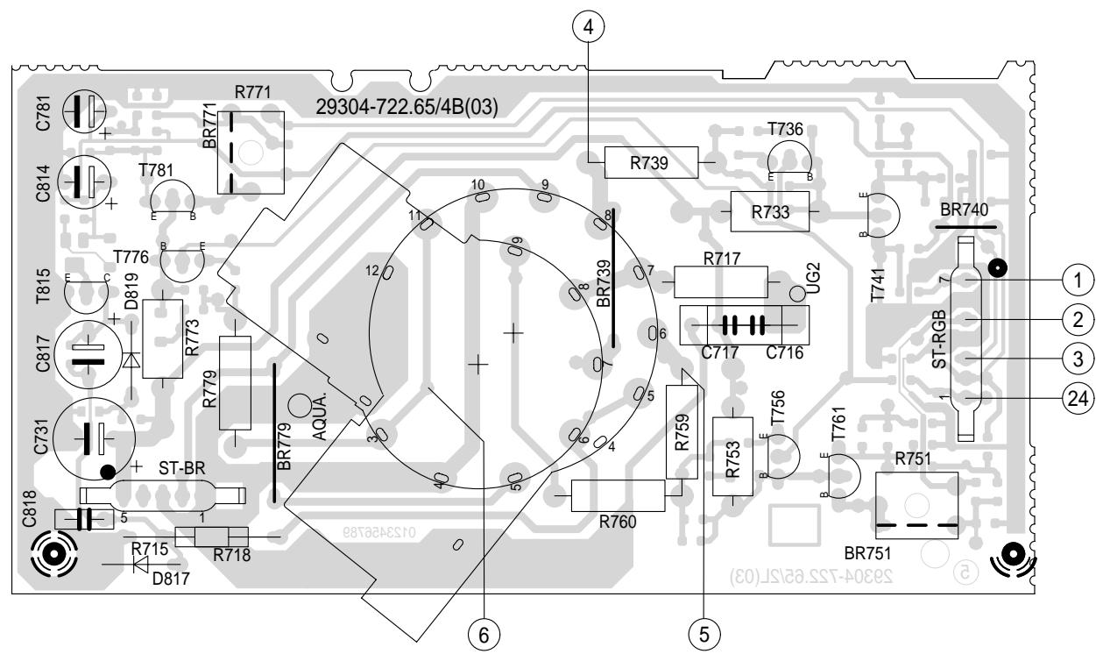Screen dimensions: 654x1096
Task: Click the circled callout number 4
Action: click(593, 25)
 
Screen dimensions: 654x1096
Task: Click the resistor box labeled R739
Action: click(650, 164)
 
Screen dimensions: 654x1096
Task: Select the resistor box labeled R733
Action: click(768, 211)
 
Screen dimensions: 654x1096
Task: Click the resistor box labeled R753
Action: click(727, 456)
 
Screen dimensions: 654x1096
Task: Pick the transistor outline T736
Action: click(790, 162)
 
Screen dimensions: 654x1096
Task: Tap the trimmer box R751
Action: click(916, 505)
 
